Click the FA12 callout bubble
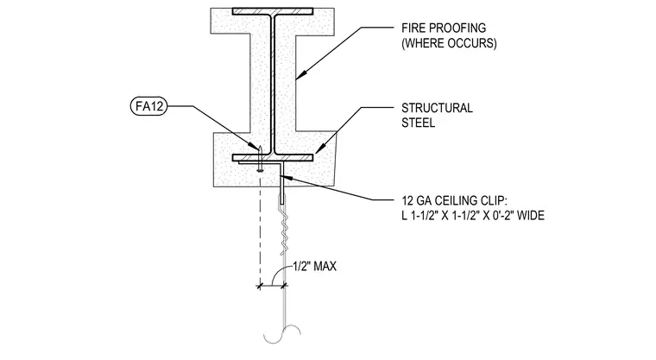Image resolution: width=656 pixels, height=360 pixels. [148, 106]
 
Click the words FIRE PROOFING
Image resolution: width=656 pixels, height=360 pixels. [444, 28]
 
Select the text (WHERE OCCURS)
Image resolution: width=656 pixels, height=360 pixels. [449, 43]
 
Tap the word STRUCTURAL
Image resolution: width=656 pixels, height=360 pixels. [437, 108]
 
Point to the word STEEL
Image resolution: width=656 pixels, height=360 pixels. [418, 123]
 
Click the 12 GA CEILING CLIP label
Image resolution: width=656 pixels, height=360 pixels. [454, 200]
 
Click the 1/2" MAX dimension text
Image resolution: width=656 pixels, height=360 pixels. [314, 266]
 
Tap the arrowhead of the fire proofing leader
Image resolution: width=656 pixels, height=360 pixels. [299, 75]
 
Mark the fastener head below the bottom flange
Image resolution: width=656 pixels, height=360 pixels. [260, 169]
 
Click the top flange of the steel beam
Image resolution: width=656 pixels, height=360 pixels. [273, 11]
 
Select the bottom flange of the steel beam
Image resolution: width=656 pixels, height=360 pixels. [273, 158]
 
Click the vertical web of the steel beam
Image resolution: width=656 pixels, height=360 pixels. [273, 85]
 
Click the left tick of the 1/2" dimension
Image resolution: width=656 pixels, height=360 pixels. [260, 286]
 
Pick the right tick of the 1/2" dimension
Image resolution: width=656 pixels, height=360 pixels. [284, 286]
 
